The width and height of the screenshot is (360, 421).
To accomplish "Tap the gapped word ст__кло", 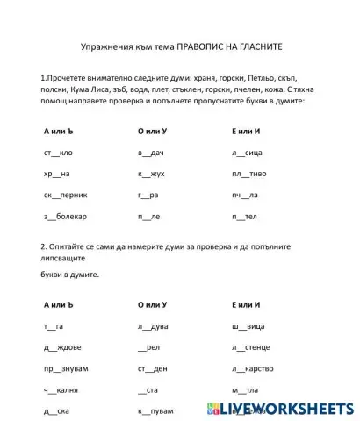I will [58, 152].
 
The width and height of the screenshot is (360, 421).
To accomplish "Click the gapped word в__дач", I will [151, 152].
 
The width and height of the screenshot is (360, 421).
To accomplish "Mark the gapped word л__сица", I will [247, 152].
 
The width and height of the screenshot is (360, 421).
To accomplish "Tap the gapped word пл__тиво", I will [248, 174].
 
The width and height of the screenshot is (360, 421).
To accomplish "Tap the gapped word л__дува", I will [153, 326].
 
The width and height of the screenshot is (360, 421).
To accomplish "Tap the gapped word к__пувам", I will [156, 410].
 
